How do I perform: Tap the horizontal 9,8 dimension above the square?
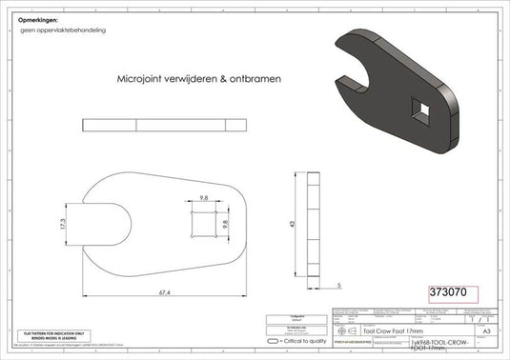pyautogui.click(x=203, y=198)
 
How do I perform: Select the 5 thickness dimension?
pyautogui.click(x=338, y=284)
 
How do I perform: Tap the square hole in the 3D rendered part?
pyautogui.click(x=420, y=109)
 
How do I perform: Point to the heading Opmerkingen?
pyautogui.click(x=38, y=20)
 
